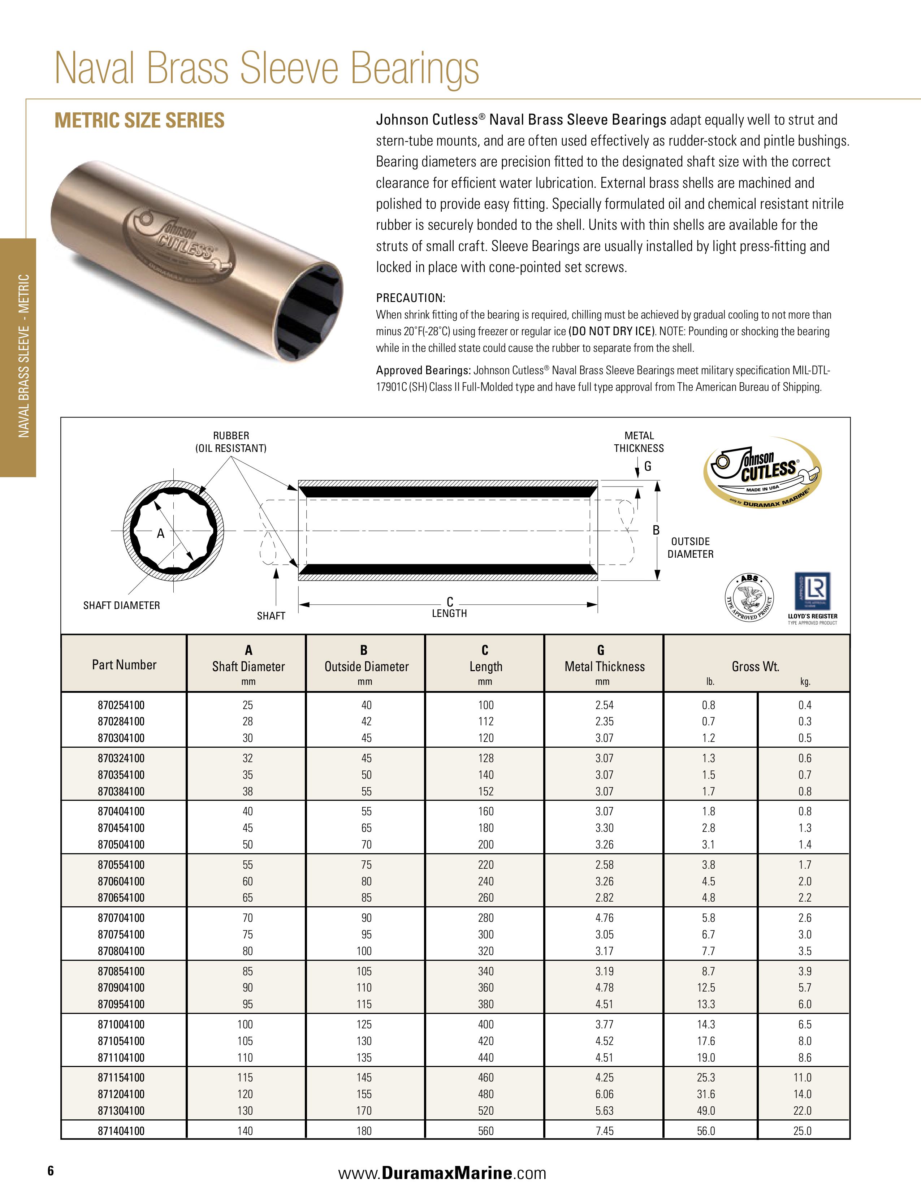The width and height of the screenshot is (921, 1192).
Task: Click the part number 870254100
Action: point(121,705)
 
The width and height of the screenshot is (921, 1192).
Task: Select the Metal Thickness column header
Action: point(604,666)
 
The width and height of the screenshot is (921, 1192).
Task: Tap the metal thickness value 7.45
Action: point(604,1131)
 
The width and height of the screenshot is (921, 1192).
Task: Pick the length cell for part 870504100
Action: point(485,845)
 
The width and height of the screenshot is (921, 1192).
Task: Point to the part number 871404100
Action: point(121,1131)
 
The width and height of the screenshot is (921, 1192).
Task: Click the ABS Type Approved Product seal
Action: point(749,598)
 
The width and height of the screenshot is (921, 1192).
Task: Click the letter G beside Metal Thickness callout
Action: point(648,466)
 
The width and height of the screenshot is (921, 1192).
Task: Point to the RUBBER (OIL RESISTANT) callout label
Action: point(231,441)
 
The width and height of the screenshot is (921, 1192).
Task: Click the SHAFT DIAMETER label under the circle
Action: point(121,605)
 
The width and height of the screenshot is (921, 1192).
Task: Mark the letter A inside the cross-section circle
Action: point(160,534)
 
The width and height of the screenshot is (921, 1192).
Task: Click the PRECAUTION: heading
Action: point(410,298)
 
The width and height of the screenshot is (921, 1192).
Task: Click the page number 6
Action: point(51,1170)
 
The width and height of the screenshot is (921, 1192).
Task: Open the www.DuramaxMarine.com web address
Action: point(442,1173)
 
